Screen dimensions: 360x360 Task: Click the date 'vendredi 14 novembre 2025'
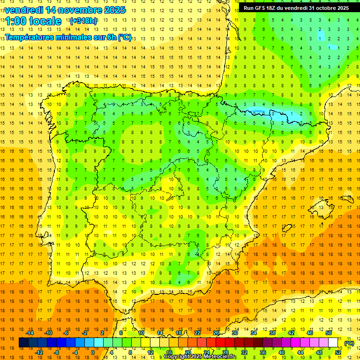pos(65,10)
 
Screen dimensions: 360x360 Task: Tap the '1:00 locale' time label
pos(33,21)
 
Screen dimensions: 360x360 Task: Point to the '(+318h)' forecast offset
pos(83,21)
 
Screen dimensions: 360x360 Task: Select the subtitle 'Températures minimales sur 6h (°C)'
pos(68,37)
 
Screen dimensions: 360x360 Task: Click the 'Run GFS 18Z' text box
pos(296,8)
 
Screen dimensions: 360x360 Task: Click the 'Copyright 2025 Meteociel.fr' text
pos(200,357)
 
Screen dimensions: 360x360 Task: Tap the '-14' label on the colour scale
pos(30,333)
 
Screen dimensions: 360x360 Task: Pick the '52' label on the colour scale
pos(338,352)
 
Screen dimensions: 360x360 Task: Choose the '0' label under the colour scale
pos(92,352)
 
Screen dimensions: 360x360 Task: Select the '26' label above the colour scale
pos(216,333)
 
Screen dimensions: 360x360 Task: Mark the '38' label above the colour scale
pos(272,333)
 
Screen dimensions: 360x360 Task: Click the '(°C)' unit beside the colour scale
pos(349,343)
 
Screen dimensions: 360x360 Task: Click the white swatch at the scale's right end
pos(333,343)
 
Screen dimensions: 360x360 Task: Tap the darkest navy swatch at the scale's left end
pos(23,343)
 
